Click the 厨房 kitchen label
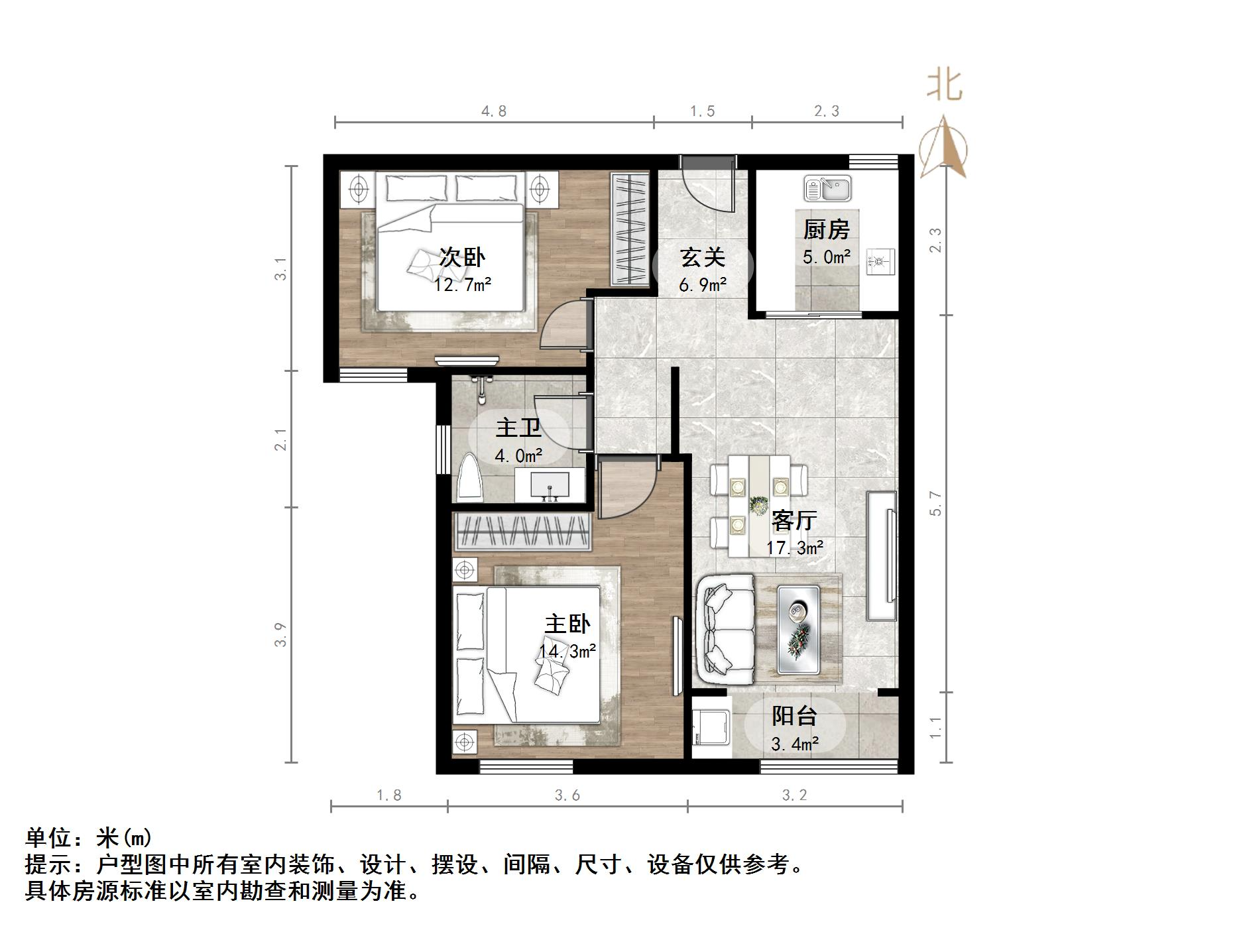826,230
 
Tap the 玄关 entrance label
703,257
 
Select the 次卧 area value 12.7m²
463,285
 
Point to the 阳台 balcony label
794,716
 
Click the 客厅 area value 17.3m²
795,548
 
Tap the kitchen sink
827,188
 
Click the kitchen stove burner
880,261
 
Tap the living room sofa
725,629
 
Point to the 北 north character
944,87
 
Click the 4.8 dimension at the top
494,111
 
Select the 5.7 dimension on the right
935,503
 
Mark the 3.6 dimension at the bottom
567,795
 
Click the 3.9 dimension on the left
281,634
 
